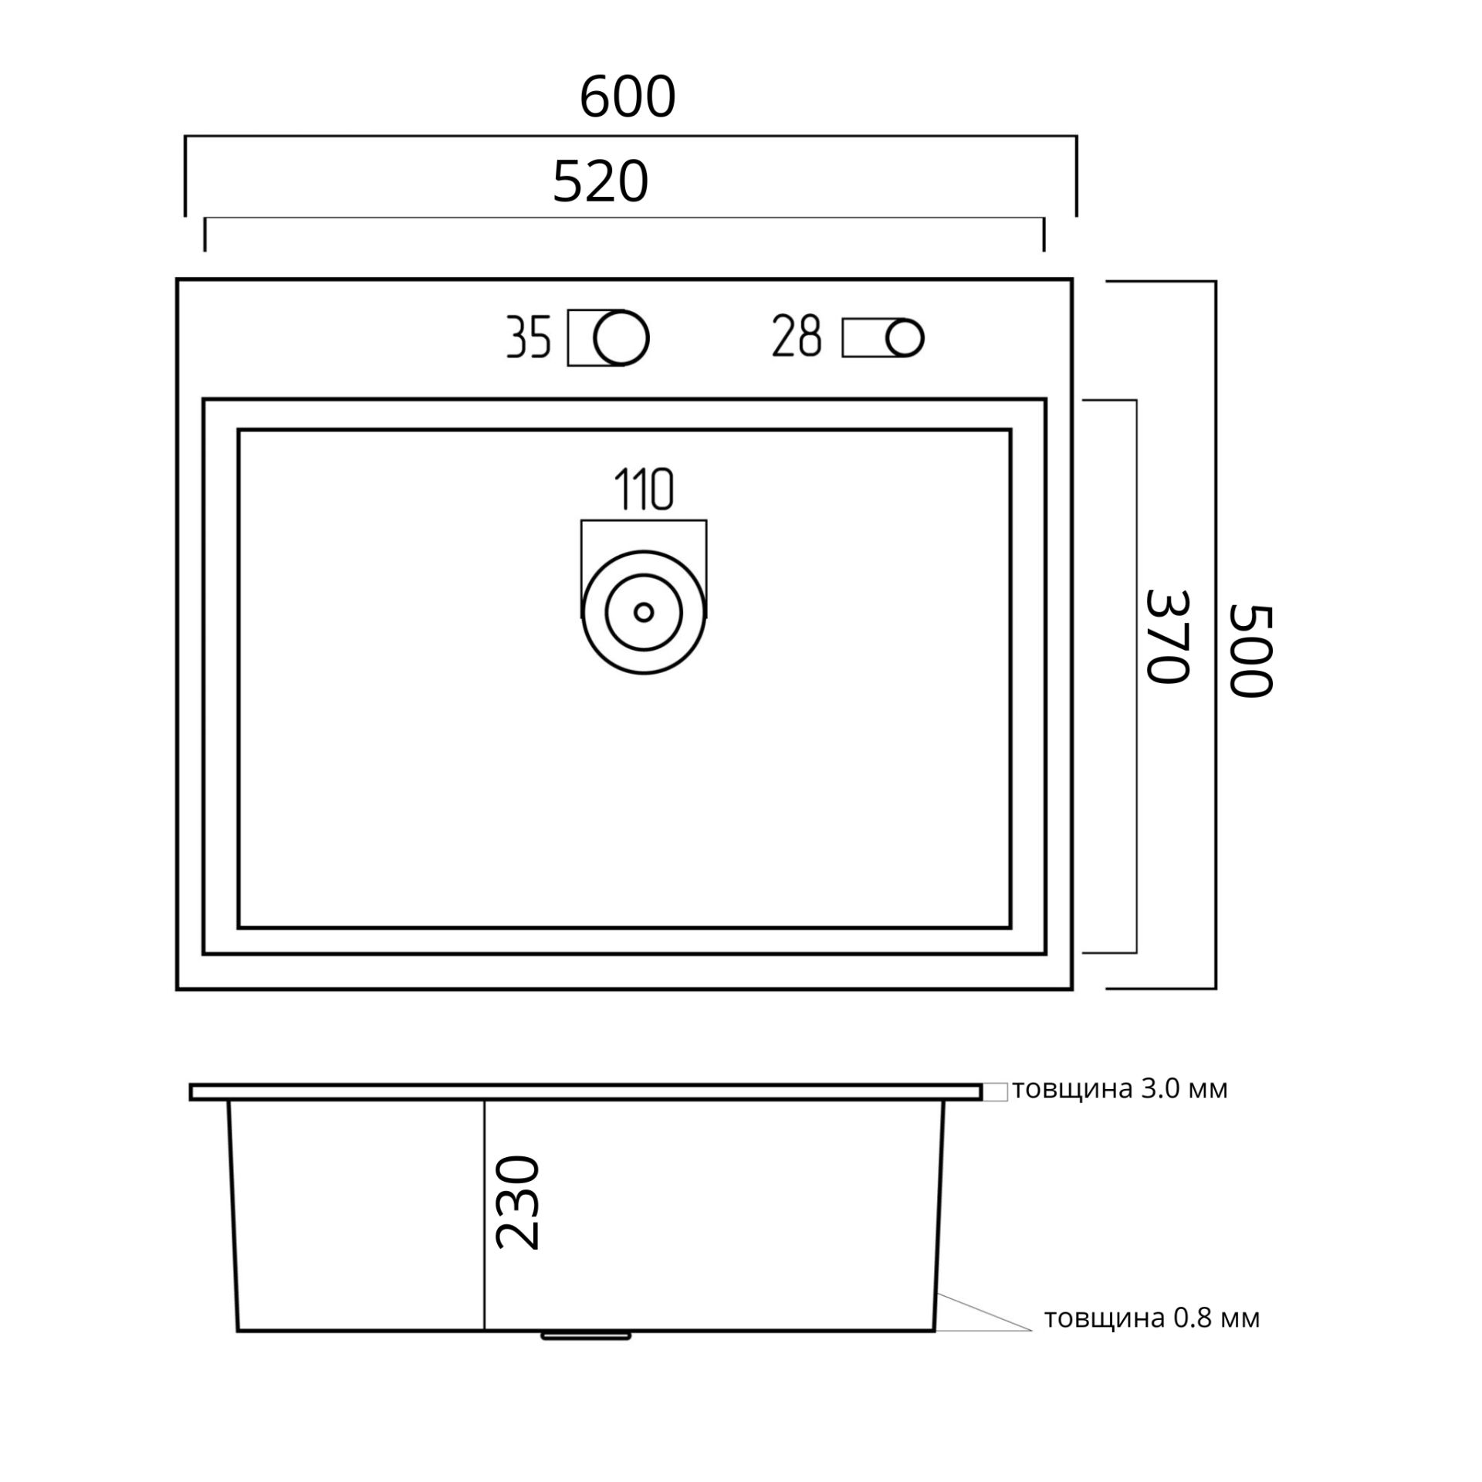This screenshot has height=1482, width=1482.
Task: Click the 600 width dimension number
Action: point(627,97)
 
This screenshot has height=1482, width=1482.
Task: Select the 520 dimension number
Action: point(601,182)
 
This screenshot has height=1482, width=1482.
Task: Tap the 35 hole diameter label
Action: point(529,337)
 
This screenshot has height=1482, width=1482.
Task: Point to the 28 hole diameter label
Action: point(797,336)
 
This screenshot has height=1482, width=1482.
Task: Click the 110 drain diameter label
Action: point(644,489)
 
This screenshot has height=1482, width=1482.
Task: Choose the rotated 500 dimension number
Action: point(1250,651)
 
